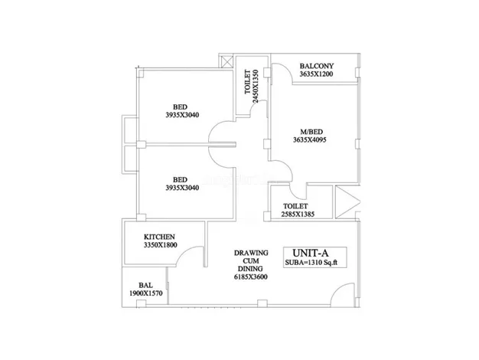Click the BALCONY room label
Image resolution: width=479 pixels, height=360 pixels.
pos(317,66)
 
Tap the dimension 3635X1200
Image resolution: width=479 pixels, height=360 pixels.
pos(316,74)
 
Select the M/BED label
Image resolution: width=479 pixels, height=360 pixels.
pos(311,132)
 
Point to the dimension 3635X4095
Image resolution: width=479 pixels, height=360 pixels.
pos(309,139)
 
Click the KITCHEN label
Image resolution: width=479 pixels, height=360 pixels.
pos(159,237)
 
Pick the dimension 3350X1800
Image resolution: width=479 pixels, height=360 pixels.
pos(160,245)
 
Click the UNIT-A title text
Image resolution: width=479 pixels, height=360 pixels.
pos(311,253)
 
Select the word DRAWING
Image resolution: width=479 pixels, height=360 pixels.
pos(251,253)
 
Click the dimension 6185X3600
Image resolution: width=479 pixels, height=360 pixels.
pos(250,277)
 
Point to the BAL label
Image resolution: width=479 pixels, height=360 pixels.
pos(145,285)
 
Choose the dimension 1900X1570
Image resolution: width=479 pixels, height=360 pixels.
pos(145,293)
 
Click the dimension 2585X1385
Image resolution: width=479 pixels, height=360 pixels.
pos(298,214)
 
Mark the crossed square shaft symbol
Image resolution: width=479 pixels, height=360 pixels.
pos(226,61)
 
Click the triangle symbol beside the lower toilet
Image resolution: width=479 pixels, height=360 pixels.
pos(348,202)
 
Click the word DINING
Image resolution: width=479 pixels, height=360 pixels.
pos(250,269)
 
